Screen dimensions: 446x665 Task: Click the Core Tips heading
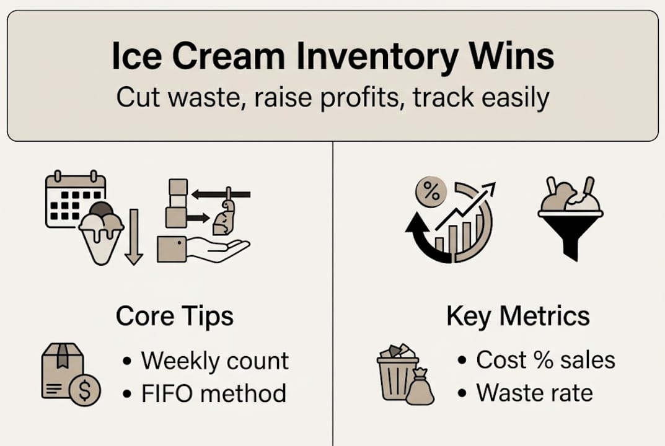pyautogui.click(x=174, y=316)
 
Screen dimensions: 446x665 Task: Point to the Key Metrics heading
pyautogui.click(x=517, y=316)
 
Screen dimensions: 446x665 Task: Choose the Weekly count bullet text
pyautogui.click(x=214, y=361)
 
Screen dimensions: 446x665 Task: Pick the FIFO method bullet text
pyautogui.click(x=213, y=393)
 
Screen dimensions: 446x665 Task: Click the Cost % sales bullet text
pyautogui.click(x=545, y=360)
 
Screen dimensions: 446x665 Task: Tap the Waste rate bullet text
pyautogui.click(x=534, y=393)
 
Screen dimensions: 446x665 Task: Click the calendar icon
pyautogui.click(x=74, y=198)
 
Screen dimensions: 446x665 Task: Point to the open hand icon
pyautogui.click(x=217, y=249)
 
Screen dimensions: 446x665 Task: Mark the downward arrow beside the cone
pyautogui.click(x=134, y=237)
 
